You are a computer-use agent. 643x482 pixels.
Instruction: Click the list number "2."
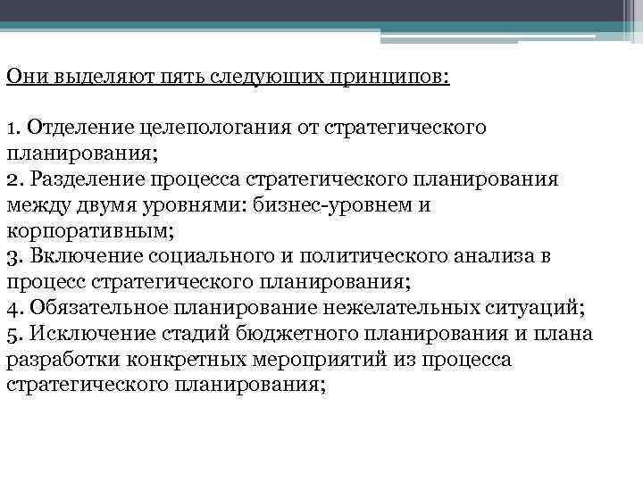click(13, 179)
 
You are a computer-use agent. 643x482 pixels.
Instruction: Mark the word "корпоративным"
click(88, 230)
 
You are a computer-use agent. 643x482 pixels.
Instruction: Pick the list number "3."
click(13, 256)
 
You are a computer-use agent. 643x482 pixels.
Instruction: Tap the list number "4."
click(13, 308)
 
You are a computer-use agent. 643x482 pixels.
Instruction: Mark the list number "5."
click(13, 334)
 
